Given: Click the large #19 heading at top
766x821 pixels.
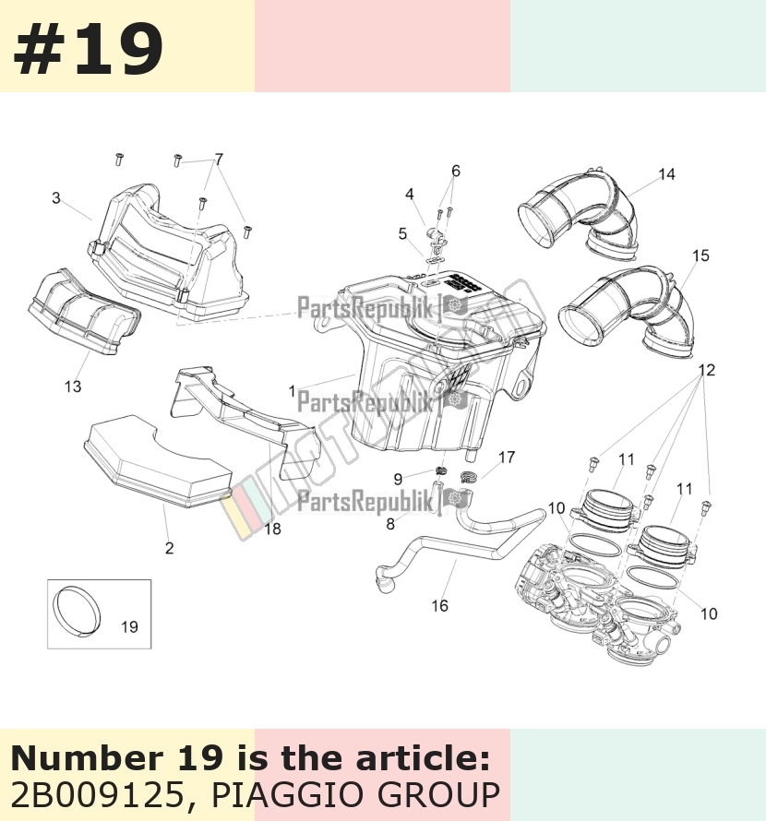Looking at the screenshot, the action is pyautogui.click(x=88, y=50).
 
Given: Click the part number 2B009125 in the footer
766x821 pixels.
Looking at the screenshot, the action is pyautogui.click(x=97, y=794).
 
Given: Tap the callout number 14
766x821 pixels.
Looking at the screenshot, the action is pyautogui.click(x=667, y=173).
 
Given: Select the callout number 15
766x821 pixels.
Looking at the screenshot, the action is pyautogui.click(x=700, y=256).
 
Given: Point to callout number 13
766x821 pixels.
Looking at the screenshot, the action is pyautogui.click(x=73, y=387).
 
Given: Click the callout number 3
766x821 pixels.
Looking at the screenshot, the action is pyautogui.click(x=56, y=197).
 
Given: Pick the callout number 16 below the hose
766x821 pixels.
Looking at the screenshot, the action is pyautogui.click(x=439, y=606).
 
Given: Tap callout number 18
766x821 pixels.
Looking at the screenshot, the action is pyautogui.click(x=272, y=529).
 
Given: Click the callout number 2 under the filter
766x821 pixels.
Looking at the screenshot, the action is pyautogui.click(x=169, y=548).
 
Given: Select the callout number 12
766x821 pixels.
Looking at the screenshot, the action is pyautogui.click(x=707, y=370).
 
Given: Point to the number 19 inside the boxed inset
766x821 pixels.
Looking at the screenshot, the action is pyautogui.click(x=129, y=626).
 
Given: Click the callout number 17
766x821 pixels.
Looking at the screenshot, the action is pyautogui.click(x=507, y=458).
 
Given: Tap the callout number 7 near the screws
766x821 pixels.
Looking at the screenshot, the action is pyautogui.click(x=219, y=159).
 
